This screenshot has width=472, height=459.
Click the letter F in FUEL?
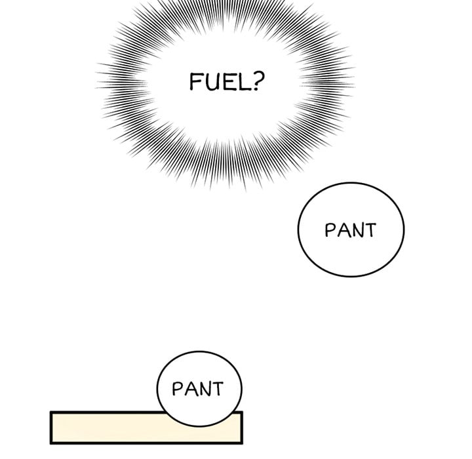(x=195, y=81)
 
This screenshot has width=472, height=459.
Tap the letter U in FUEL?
(x=210, y=82)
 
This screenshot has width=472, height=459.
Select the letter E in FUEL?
(x=226, y=82)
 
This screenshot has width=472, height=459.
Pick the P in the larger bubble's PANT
(x=330, y=229)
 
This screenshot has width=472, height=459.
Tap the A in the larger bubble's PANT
(x=343, y=230)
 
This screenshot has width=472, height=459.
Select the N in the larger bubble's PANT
(x=357, y=230)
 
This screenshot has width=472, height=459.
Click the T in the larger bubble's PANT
(x=370, y=230)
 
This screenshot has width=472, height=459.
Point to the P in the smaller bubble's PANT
(x=177, y=389)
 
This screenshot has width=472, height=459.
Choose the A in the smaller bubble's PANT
(x=190, y=389)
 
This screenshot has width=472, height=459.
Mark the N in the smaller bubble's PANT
(x=203, y=389)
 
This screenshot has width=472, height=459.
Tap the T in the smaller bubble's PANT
(x=217, y=389)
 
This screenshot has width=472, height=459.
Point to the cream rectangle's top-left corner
(x=50, y=411)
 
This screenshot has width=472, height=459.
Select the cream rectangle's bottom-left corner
(x=50, y=444)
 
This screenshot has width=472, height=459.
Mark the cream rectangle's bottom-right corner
(x=243, y=444)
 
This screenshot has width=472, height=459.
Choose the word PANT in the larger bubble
(x=351, y=230)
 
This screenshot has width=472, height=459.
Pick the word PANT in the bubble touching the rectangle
(x=198, y=389)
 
